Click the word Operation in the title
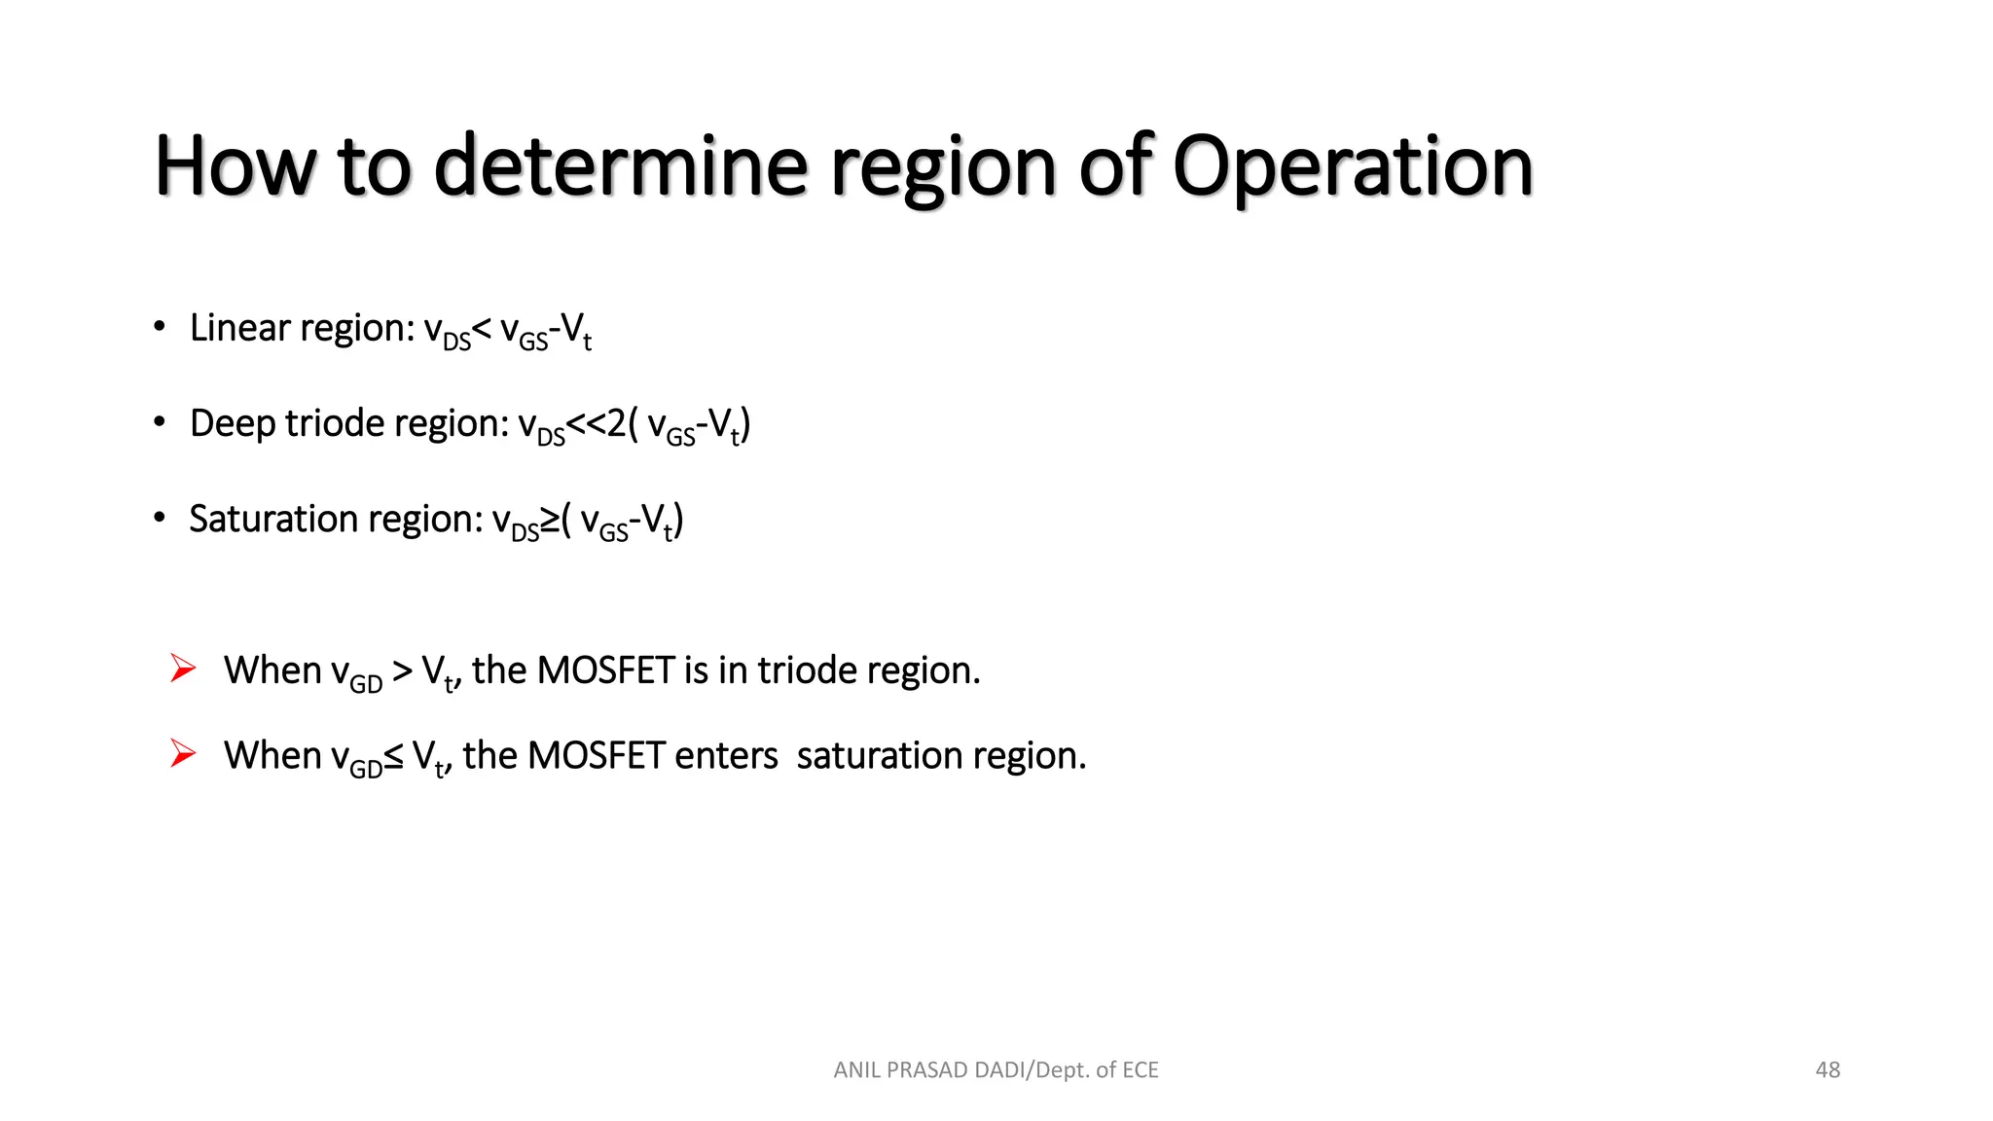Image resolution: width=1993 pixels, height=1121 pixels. pyautogui.click(x=1353, y=167)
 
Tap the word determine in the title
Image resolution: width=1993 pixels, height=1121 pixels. pyautogui.click(x=620, y=167)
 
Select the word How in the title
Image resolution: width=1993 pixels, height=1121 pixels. pyautogui.click(x=235, y=167)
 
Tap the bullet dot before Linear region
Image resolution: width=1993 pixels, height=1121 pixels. pyautogui.click(x=160, y=327)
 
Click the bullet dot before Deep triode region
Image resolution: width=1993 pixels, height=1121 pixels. pyautogui.click(x=160, y=422)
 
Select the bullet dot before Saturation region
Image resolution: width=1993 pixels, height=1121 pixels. pyautogui.click(x=160, y=518)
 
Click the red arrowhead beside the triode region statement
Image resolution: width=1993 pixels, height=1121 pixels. pyautogui.click(x=182, y=669)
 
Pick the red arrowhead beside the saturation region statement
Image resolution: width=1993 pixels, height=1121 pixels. pyautogui.click(x=182, y=753)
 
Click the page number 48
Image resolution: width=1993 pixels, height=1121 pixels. pyautogui.click(x=1828, y=1070)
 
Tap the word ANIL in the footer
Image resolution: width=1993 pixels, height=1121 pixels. pyautogui.click(x=856, y=1070)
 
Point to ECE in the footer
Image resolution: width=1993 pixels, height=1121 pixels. pyautogui.click(x=1141, y=1070)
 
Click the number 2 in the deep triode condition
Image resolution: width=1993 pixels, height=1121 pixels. pyautogui.click(x=616, y=424)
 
